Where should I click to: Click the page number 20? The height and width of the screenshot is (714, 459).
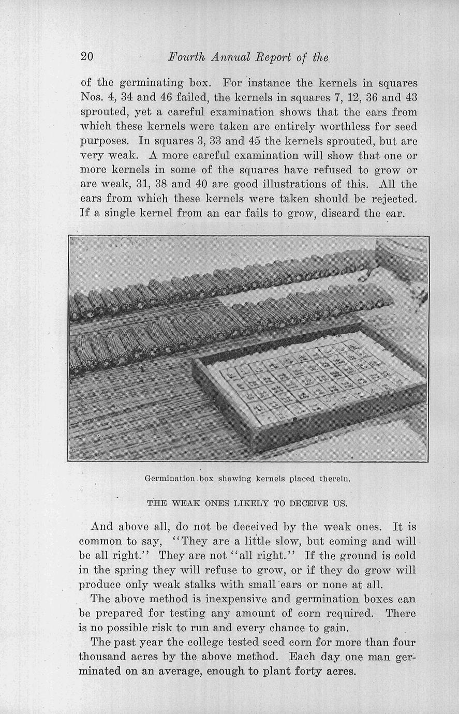click(86, 57)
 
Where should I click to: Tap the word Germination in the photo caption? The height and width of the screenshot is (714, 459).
click(169, 479)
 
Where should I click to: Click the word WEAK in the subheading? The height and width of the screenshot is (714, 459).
click(180, 503)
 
